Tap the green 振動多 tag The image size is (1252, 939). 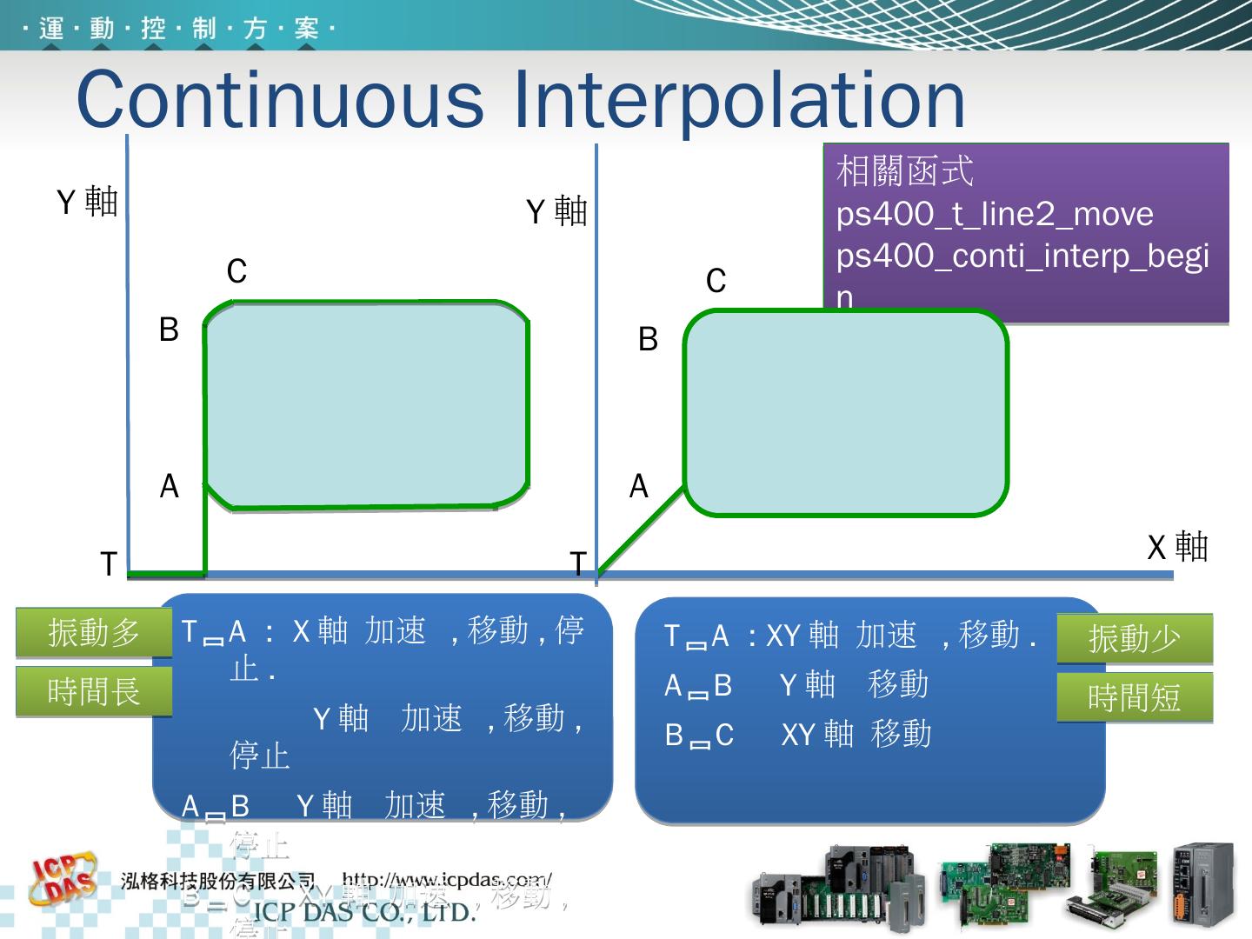94,632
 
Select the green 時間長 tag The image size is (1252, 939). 94,692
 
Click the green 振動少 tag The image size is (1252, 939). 1135,639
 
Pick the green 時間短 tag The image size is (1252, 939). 1135,697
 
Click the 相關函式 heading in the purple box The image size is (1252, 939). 904,172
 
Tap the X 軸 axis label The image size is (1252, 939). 1177,548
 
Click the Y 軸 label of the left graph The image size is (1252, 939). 87,203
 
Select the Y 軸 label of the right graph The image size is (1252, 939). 556,211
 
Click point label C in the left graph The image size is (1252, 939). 236,272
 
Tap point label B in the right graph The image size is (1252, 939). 648,339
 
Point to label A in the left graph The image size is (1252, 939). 170,486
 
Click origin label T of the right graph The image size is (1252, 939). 578,563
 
